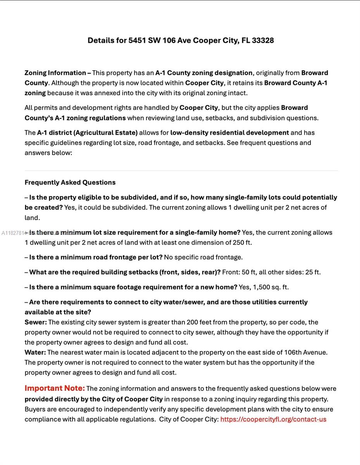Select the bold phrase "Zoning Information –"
pyautogui.click(x=58, y=73)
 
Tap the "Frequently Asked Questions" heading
pyautogui.click(x=70, y=183)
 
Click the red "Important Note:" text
pyautogui.click(x=55, y=388)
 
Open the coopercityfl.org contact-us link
pyautogui.click(x=273, y=419)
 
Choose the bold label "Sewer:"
pyautogui.click(x=36, y=322)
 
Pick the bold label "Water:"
pyautogui.click(x=35, y=353)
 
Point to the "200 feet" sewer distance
pyautogui.click(x=200, y=322)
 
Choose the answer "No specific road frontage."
pyautogui.click(x=203, y=257)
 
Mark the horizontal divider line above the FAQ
pyautogui.click(x=181, y=170)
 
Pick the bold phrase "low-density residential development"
pyautogui.click(x=229, y=133)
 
